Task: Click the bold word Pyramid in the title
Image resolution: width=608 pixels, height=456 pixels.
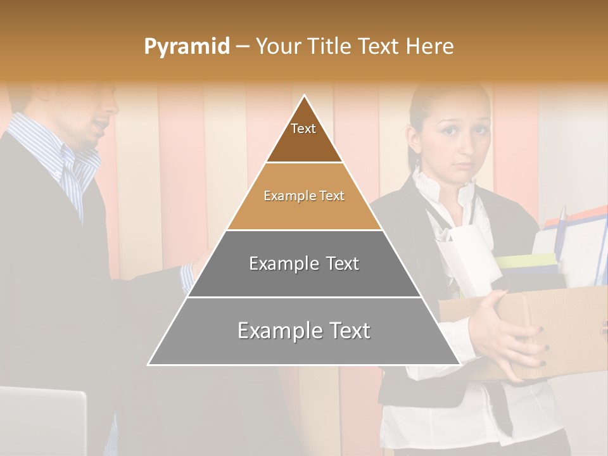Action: point(186,47)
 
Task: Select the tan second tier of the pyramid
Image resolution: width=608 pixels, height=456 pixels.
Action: point(304,196)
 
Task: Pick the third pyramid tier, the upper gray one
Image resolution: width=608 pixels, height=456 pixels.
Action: point(304,263)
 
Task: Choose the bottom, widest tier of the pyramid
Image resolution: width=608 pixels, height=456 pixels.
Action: point(304,331)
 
